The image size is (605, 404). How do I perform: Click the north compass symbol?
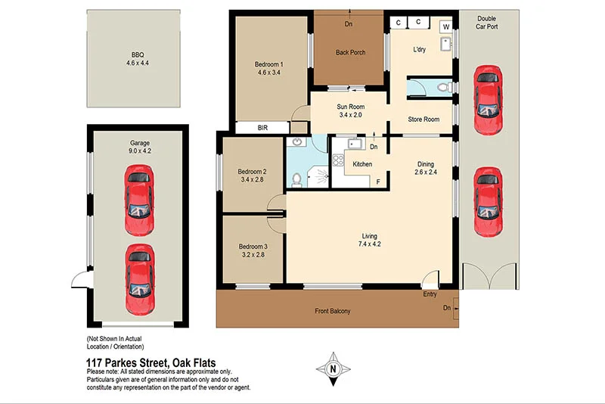click(x=338, y=370)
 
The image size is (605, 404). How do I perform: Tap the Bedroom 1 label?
click(x=270, y=64)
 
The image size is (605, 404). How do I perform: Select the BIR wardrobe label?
click(x=262, y=128)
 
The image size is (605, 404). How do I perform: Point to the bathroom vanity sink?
click(x=297, y=141)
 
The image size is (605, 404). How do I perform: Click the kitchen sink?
click(x=352, y=144)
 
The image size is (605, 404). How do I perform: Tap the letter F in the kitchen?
click(x=377, y=181)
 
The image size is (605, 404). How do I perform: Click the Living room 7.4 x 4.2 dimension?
click(x=370, y=244)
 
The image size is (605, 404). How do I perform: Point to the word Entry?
click(x=430, y=294)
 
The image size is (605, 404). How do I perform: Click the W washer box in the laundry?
click(x=445, y=27)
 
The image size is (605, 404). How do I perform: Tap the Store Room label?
click(x=423, y=119)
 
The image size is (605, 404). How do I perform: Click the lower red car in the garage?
click(x=139, y=270)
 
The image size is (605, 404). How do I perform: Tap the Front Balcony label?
click(x=333, y=311)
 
